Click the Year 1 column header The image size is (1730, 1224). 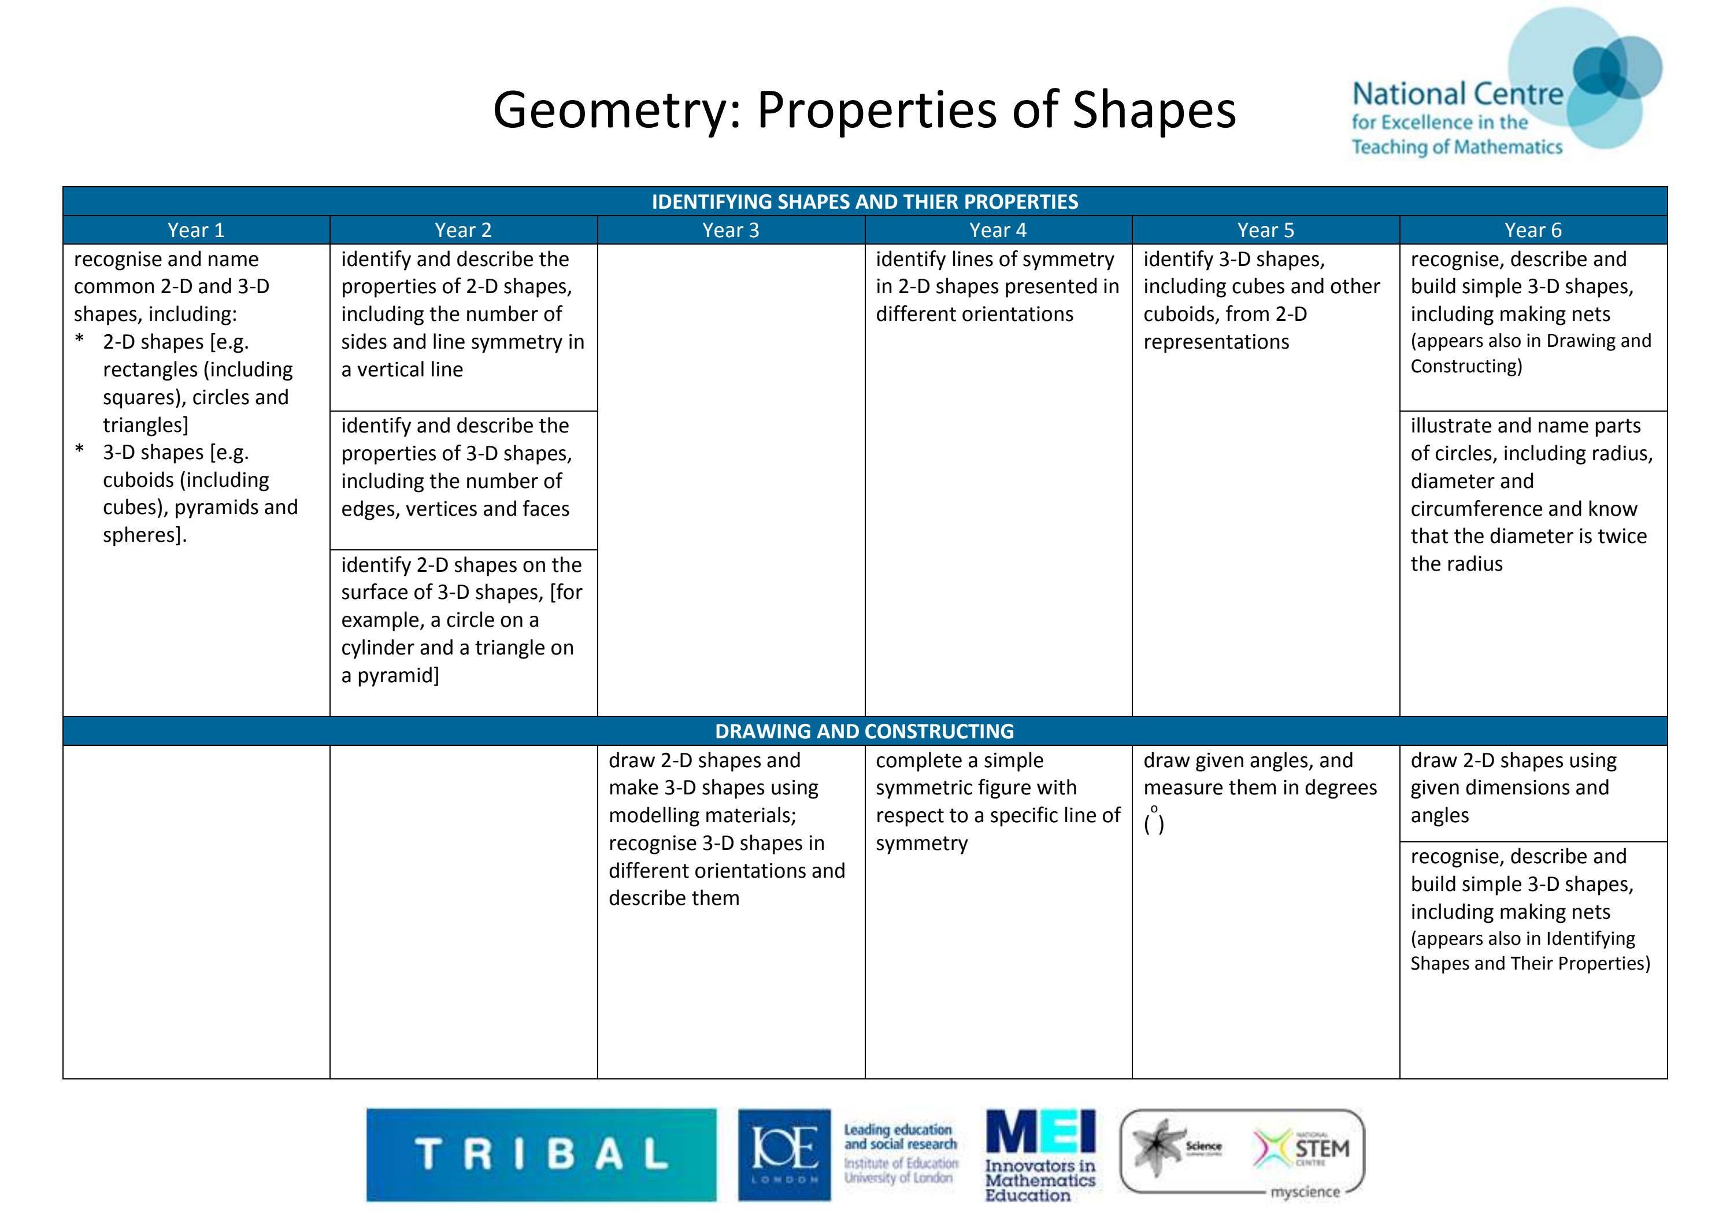click(x=196, y=230)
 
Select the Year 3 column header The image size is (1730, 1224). click(x=730, y=230)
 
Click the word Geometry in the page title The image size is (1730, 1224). click(x=610, y=110)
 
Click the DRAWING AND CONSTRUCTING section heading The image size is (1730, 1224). click(x=864, y=731)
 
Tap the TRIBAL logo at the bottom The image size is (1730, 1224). click(x=541, y=1154)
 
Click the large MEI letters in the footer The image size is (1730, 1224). click(x=1040, y=1132)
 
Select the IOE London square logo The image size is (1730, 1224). click(x=784, y=1154)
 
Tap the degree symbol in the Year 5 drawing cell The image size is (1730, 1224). click(x=1154, y=809)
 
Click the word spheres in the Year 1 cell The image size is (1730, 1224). click(x=142, y=535)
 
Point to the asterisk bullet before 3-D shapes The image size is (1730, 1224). click(x=80, y=452)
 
